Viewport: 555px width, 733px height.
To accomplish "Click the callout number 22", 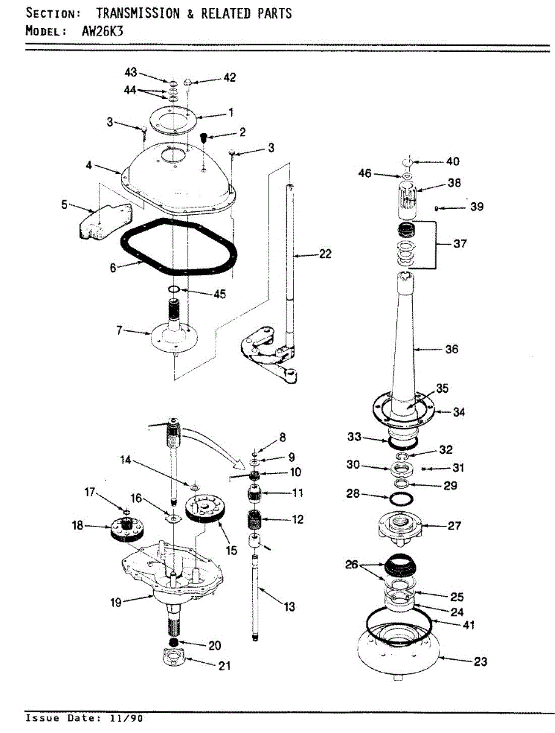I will pyautogui.click(x=325, y=253).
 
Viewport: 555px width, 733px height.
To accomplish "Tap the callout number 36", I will pyautogui.click(x=451, y=349).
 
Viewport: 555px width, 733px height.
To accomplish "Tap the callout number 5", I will pyautogui.click(x=64, y=205).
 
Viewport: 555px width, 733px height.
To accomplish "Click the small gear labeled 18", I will pyautogui.click(x=126, y=530).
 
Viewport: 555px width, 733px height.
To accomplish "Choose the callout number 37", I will pyautogui.click(x=460, y=244).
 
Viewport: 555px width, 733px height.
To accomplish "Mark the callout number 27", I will pyautogui.click(x=454, y=525).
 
